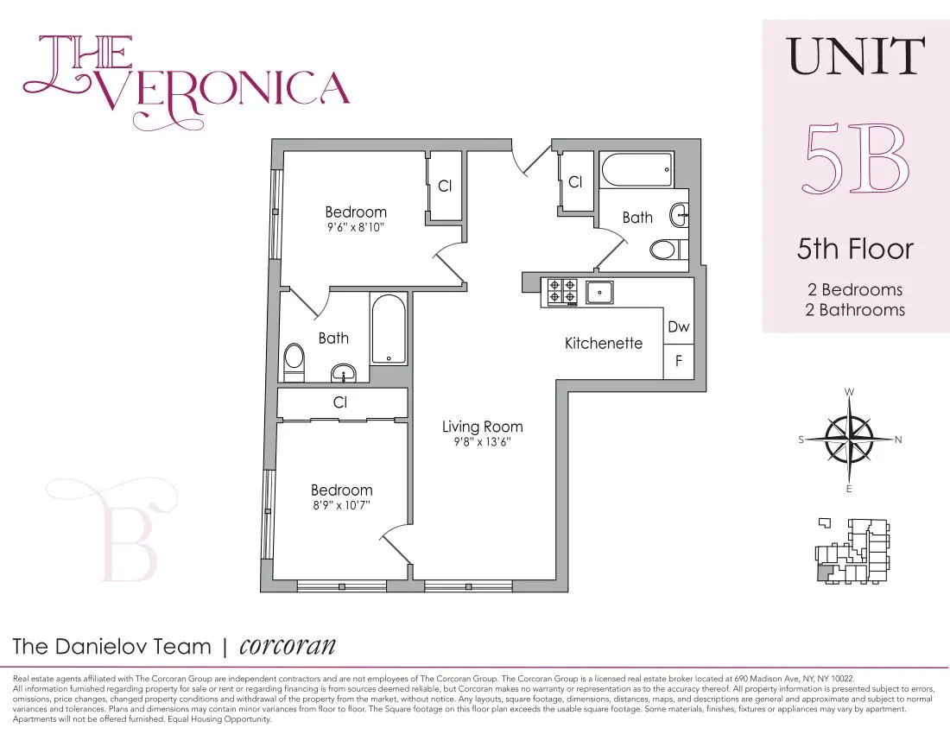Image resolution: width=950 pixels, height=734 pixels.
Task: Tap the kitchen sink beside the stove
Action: point(599,292)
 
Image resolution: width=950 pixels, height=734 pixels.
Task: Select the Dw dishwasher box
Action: point(678,328)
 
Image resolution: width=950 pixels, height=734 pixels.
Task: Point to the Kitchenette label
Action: point(604,344)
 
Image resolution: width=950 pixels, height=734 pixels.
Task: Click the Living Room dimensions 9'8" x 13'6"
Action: point(482,442)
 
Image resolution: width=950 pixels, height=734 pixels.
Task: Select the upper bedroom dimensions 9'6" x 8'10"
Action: point(355,228)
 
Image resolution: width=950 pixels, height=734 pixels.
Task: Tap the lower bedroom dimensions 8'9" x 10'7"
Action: point(342,506)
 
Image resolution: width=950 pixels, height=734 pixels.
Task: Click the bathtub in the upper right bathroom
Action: point(637,170)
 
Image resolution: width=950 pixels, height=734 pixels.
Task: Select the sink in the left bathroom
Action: point(344,374)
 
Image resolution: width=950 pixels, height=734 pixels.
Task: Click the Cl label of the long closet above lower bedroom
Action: point(340,402)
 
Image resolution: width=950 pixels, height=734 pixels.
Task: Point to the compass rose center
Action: point(850,439)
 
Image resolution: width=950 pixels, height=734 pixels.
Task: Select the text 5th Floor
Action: point(855,250)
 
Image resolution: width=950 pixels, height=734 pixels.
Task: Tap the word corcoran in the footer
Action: point(287,646)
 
